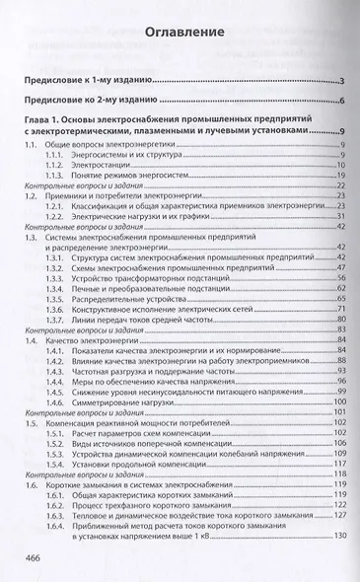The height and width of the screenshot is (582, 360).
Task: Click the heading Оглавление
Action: click(180, 33)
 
